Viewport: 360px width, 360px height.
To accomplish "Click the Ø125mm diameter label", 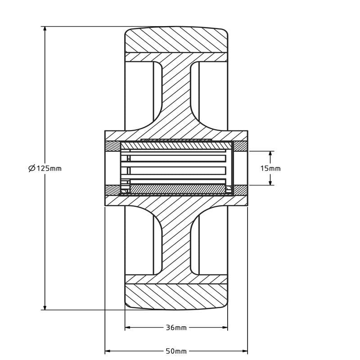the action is (x=45, y=168).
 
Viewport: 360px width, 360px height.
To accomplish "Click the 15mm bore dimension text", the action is (x=270, y=168).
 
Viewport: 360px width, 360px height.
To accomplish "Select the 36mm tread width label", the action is (x=176, y=328).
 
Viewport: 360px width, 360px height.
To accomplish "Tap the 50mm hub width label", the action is (x=176, y=351).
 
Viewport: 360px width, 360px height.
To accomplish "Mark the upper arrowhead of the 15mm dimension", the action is (x=270, y=153).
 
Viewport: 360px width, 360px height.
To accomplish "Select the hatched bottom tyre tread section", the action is (x=176, y=297).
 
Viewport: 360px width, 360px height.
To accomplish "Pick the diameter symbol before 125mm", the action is (x=31, y=168).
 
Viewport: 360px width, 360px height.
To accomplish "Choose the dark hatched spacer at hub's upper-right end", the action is (x=240, y=146).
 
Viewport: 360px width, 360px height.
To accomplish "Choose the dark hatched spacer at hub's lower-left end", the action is (x=112, y=190).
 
